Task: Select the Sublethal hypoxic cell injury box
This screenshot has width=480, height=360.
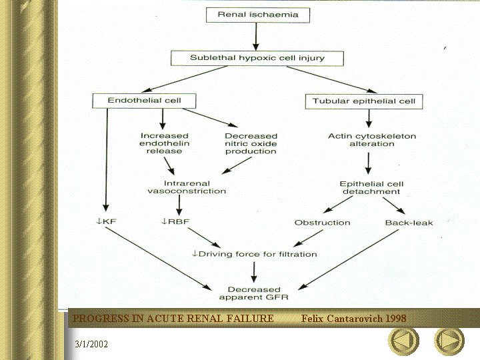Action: [x=257, y=58]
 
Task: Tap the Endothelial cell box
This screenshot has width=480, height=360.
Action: [x=144, y=101]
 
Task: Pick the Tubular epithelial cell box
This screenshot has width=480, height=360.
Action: [x=364, y=102]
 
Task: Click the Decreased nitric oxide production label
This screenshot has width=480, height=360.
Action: [x=250, y=143]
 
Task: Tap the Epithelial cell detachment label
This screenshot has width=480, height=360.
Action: [x=371, y=187]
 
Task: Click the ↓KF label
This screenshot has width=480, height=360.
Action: [x=105, y=221]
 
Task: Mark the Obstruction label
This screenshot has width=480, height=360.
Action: [x=322, y=222]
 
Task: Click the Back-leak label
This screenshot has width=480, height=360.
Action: [x=409, y=222]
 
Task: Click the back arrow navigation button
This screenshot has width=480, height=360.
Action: [x=403, y=340]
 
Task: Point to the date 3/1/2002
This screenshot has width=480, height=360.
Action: [x=91, y=344]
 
